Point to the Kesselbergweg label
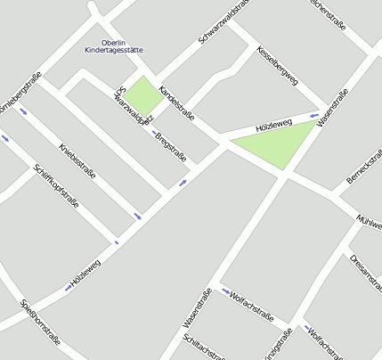[x=277, y=65]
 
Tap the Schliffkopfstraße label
[x=55, y=185]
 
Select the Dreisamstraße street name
[x=365, y=272]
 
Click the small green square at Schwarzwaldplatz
[x=139, y=96]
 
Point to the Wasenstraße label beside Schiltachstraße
[x=196, y=308]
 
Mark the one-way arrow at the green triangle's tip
[x=313, y=115]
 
